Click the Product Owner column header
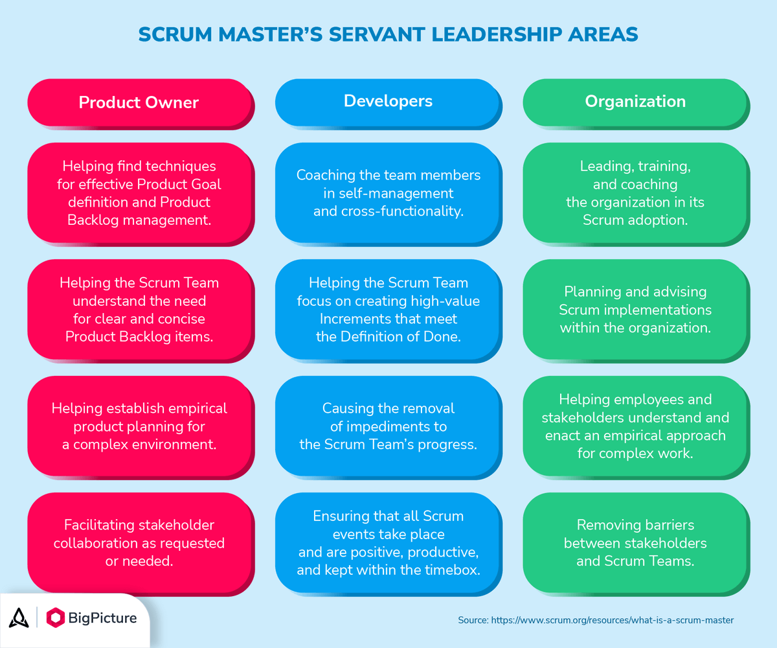139,102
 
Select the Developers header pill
388,101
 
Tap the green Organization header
635,101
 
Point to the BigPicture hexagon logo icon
56,618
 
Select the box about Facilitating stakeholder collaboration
139,542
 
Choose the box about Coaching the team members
388,193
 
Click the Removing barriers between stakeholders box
635,542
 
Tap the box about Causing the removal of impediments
388,426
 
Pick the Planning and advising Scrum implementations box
635,310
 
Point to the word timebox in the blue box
455,570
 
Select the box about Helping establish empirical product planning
139,426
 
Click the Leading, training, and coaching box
635,193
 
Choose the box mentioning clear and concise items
139,310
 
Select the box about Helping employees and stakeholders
635,426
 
